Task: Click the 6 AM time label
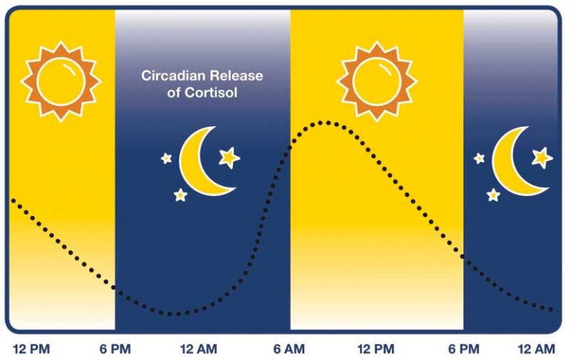[289, 349]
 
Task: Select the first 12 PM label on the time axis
[31, 349]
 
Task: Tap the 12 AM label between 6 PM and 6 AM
[198, 349]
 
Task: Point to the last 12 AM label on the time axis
[537, 349]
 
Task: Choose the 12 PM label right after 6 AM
[376, 349]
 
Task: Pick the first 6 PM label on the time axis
[115, 349]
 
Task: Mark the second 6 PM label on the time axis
[463, 349]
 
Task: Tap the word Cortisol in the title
[211, 93]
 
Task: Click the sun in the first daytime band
[61, 82]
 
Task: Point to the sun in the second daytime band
[376, 82]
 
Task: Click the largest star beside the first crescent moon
[229, 157]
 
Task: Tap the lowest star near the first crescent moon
[180, 195]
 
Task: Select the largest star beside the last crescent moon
[542, 157]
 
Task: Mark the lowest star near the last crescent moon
[494, 195]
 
